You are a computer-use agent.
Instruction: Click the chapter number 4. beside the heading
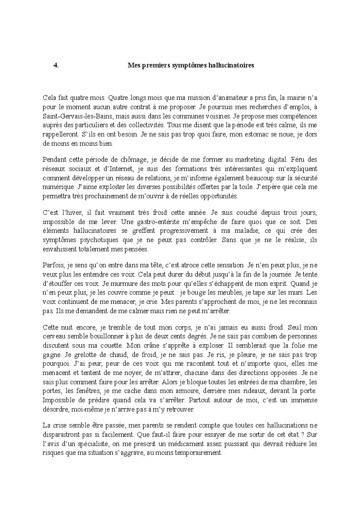56,65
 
